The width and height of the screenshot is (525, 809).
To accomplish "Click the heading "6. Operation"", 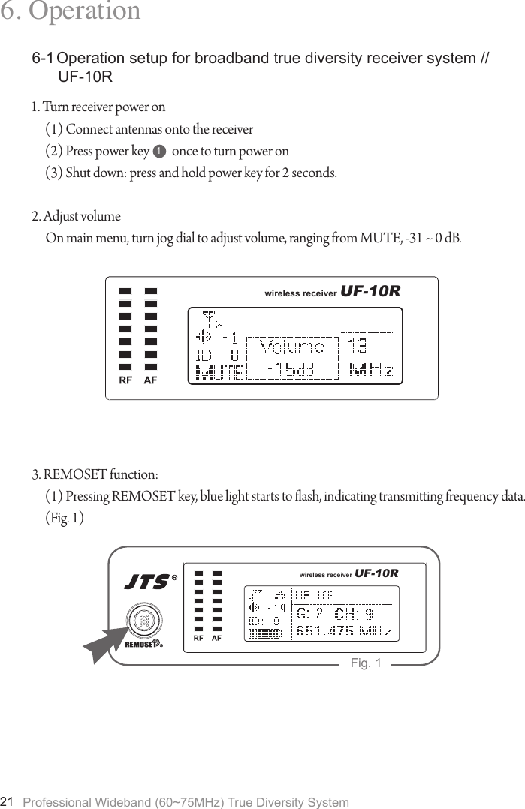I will pos(71,11).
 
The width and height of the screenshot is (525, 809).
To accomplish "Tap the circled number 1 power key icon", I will pos(158,152).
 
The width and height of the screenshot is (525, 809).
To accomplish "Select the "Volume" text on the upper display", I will pos(293,347).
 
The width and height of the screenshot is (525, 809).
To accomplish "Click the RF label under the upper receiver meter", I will pos(125,380).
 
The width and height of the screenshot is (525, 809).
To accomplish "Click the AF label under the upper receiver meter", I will pos(151,380).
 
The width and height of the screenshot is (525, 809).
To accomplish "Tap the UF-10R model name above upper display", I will pos(370,291).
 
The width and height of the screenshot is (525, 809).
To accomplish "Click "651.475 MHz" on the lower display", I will pos(344,631).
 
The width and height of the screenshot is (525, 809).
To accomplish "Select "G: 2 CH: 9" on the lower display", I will pos(335,614).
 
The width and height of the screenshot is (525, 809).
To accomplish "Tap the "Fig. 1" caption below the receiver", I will pos(366,663).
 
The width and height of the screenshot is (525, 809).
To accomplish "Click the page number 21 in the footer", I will pos(8,801).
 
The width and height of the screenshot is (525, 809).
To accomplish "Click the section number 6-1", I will pos(43,59).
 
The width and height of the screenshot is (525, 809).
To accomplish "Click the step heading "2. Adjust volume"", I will pos(76,217).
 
